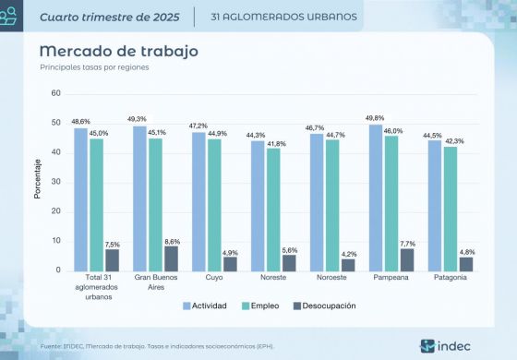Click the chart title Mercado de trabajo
tap(118, 51)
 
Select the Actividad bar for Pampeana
tap(375, 198)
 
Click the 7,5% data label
tap(113, 244)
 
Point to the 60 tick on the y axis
tap(55, 93)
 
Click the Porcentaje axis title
tap(37, 182)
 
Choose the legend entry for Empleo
tap(260, 306)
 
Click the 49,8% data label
tap(375, 118)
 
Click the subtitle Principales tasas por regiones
tap(94, 67)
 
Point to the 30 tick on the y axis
tap(55, 182)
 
